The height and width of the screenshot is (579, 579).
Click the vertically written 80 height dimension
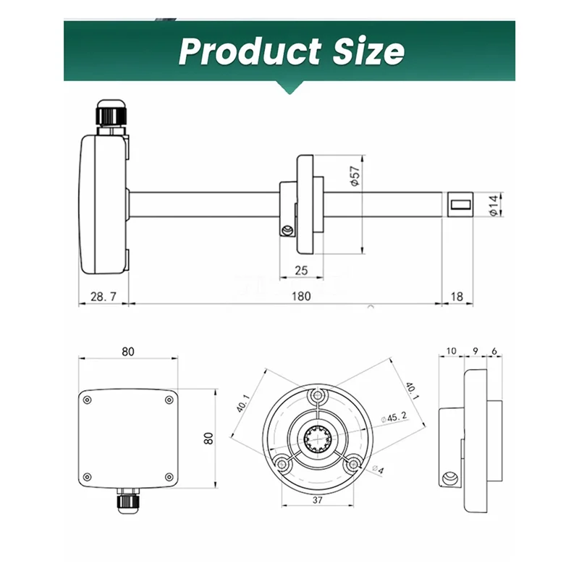208,438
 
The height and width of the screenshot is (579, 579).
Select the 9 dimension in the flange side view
476,351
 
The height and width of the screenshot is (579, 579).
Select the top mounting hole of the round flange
318,396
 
